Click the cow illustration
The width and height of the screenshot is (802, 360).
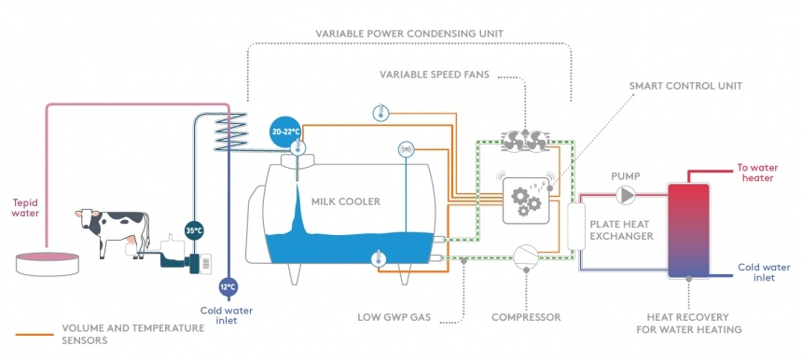pos(113,231)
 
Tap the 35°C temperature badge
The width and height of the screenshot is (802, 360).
pos(194,230)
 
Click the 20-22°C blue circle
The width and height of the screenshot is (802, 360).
pos(284,132)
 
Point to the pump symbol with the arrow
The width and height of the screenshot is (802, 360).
pos(625,195)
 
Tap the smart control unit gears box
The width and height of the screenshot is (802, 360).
pos(525,201)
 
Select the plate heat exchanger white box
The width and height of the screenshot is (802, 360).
pos(576,227)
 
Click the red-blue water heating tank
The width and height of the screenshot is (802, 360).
pos(688,230)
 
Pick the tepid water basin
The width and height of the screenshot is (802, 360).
pos(48,263)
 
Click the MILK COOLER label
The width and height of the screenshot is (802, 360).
pos(346,201)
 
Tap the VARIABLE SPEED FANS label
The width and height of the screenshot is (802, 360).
pos(435,75)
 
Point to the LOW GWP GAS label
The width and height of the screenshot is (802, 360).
pos(394,317)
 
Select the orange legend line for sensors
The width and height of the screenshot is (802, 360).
pos(35,335)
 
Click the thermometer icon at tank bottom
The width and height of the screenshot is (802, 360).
pos(378,258)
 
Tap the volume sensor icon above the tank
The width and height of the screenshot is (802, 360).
pos(406,149)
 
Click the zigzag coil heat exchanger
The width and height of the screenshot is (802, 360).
pos(230,132)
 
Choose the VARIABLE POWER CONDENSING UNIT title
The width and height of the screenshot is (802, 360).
pos(409,34)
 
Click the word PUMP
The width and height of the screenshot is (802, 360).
pos(625,176)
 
